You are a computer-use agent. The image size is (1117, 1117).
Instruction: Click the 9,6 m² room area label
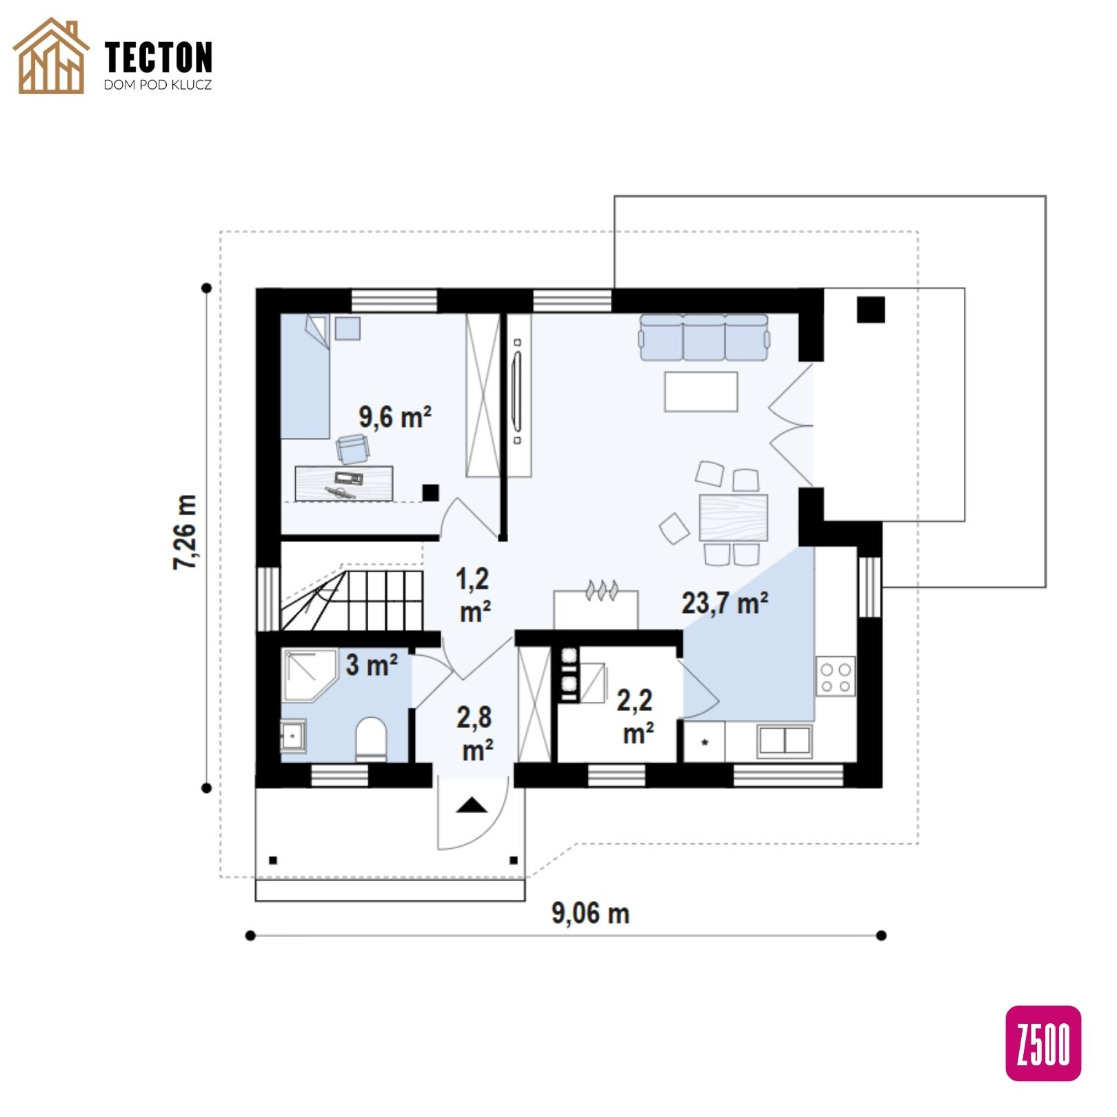click(x=395, y=417)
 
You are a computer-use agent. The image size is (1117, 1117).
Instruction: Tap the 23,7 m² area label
click(x=725, y=603)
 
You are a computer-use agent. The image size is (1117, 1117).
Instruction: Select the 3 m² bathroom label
click(x=372, y=665)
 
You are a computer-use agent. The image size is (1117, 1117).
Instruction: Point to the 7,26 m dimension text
click(x=185, y=532)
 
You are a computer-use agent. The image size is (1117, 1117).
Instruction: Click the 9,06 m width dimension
click(x=590, y=913)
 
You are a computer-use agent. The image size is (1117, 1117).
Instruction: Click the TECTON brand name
click(x=159, y=57)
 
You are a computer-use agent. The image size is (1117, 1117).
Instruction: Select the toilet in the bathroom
click(x=372, y=738)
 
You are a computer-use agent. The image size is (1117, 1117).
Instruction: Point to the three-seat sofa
click(x=704, y=337)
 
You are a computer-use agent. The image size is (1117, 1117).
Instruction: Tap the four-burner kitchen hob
click(x=836, y=676)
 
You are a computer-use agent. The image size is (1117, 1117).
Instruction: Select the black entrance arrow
click(x=472, y=805)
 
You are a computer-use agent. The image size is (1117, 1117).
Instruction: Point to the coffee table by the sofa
click(x=701, y=392)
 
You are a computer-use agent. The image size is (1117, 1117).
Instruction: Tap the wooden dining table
click(x=734, y=517)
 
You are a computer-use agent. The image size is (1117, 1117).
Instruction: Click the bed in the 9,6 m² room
click(x=305, y=376)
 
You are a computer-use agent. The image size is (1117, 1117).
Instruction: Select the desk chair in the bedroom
click(x=353, y=449)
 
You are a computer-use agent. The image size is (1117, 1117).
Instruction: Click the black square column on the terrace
click(x=871, y=310)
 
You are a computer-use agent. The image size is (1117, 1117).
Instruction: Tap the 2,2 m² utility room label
click(x=636, y=716)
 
